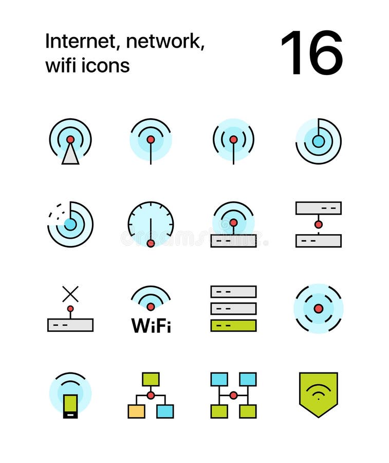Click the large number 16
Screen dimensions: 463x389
click(311, 53)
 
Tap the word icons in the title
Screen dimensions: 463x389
click(106, 65)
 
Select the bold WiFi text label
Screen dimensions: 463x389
click(151, 326)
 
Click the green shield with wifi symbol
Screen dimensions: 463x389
click(318, 394)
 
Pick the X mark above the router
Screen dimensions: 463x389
click(70, 294)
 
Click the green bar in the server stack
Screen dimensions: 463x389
click(233, 326)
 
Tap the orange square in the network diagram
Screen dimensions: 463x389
click(136, 411)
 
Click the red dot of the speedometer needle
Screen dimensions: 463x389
click(151, 243)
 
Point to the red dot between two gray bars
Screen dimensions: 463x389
click(318, 224)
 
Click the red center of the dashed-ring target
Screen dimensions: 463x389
click(318, 309)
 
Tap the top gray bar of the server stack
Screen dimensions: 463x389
click(233, 292)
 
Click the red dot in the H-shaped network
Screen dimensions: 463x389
click(233, 395)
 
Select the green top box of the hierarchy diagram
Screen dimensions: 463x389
click(151, 379)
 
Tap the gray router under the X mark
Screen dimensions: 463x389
click(70, 325)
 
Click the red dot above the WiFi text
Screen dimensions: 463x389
click(151, 307)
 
